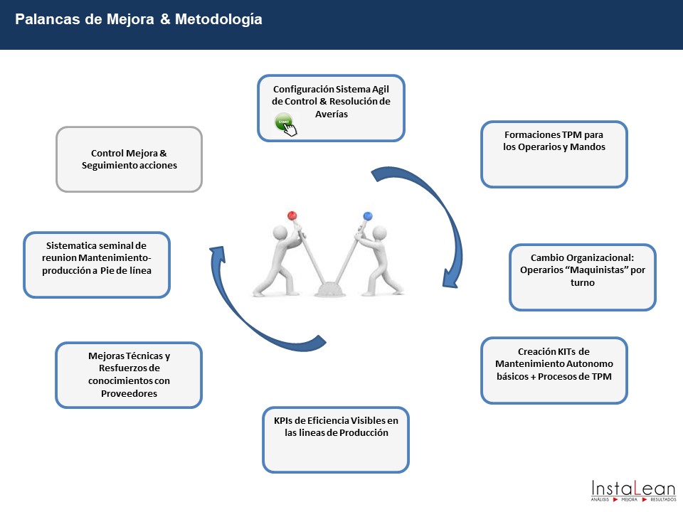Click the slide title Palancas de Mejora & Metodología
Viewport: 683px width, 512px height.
click(139, 20)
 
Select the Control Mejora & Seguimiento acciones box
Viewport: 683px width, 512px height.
click(129, 159)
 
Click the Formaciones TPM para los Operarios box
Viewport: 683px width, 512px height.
click(554, 154)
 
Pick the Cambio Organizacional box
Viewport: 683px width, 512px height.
click(583, 277)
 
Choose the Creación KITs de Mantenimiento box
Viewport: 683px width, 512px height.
click(554, 370)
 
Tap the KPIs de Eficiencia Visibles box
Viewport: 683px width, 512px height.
click(336, 439)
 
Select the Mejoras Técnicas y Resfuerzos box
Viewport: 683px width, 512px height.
click(129, 375)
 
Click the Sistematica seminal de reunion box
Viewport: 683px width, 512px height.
click(97, 264)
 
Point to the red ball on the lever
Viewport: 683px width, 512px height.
click(292, 215)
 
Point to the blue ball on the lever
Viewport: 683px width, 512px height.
click(368, 215)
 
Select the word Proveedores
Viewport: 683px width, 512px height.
click(129, 393)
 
